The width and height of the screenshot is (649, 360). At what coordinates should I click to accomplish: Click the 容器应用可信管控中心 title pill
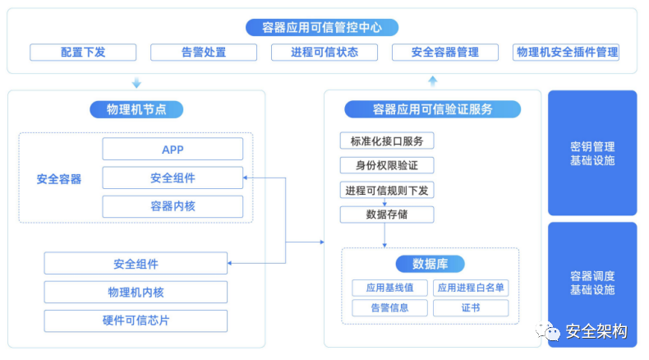[x=322, y=27]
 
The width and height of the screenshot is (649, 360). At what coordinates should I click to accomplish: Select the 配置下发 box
[x=83, y=53]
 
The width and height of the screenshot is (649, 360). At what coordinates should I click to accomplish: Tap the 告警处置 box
[x=204, y=53]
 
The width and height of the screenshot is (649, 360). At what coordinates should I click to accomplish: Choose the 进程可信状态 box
[x=324, y=53]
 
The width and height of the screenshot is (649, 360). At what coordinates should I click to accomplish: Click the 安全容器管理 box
[x=445, y=53]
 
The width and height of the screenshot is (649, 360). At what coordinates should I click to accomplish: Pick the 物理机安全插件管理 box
[x=566, y=53]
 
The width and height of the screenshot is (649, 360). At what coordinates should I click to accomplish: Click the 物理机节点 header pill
[x=136, y=109]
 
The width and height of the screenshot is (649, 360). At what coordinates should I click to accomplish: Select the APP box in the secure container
[x=173, y=150]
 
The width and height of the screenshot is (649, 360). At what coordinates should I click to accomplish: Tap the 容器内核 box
[x=173, y=206]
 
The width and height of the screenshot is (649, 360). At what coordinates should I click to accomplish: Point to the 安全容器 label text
[x=59, y=178]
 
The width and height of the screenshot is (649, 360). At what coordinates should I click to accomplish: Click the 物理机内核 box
[x=136, y=293]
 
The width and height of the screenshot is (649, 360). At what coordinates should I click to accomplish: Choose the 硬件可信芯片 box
[x=136, y=321]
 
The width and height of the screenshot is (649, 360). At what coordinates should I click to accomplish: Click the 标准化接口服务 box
[x=387, y=141]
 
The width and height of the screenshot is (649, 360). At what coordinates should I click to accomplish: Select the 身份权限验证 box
[x=387, y=165]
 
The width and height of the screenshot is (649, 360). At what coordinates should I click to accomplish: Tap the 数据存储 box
[x=387, y=215]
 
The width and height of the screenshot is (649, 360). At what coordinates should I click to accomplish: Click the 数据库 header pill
[x=430, y=264]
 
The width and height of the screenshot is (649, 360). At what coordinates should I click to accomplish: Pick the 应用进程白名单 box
[x=471, y=288]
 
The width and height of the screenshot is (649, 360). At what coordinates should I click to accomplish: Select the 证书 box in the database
[x=471, y=308]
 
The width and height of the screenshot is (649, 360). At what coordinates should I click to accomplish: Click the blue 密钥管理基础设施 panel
[x=592, y=153]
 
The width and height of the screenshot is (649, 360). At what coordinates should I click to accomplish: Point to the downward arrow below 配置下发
[x=136, y=82]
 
